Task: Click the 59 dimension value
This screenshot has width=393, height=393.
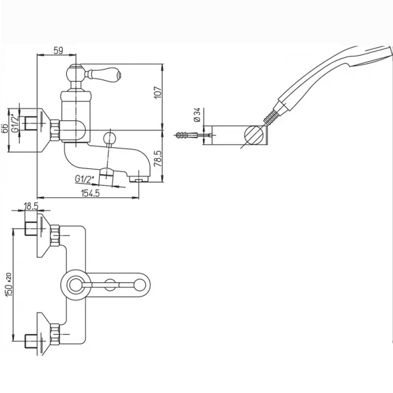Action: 58,51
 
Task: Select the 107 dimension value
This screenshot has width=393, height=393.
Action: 158,92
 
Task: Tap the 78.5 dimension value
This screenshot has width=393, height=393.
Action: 158,159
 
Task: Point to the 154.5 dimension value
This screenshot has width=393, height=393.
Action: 90,193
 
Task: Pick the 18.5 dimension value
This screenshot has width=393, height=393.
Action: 31,206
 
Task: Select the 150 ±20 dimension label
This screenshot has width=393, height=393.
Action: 9,285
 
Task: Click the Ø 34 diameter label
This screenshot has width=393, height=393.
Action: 198,115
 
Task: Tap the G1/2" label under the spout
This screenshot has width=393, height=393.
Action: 84,179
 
